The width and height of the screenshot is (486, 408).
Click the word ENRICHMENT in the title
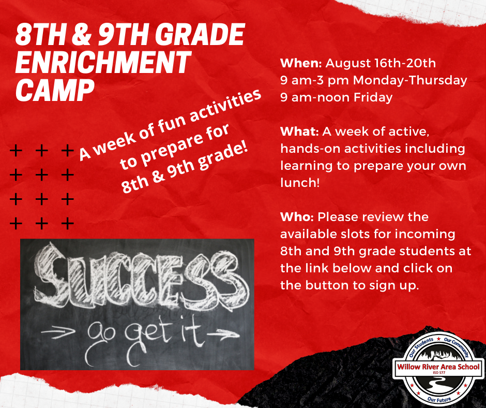[x=103, y=63]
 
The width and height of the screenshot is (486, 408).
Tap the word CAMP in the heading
[x=55, y=90]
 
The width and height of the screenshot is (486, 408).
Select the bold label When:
[x=301, y=63]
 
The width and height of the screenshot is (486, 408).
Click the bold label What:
[x=299, y=132]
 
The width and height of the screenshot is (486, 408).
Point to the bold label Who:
[x=297, y=217]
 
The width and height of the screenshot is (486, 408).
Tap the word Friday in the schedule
[x=373, y=97]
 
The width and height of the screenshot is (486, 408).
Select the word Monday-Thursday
[x=410, y=80]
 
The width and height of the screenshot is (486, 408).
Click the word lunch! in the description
[x=300, y=183]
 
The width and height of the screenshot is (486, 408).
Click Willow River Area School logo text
[x=438, y=367]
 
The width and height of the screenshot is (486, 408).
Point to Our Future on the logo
[x=439, y=399]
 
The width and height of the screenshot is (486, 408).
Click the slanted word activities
[x=225, y=106]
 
